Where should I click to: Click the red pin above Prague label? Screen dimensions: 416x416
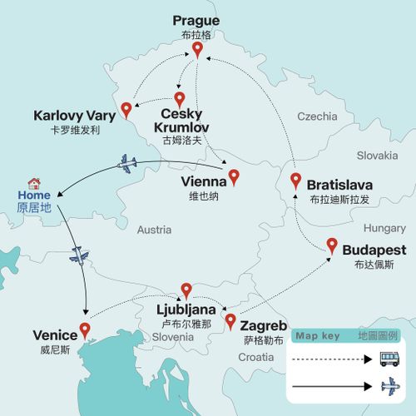pos(197,50)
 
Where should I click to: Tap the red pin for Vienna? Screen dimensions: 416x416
pos(234,176)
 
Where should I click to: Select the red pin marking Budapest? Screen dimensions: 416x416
pos(332,245)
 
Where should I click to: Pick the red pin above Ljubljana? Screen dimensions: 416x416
pos(186,290)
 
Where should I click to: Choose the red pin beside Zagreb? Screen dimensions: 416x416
pos(230,320)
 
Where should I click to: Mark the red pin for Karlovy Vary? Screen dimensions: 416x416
pos(126,108)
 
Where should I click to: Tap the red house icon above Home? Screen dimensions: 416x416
pos(34,183)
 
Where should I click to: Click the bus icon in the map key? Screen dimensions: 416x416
pos(388,359)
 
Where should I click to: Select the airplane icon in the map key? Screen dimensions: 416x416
pos(388,387)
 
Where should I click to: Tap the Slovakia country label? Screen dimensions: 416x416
pos(378,156)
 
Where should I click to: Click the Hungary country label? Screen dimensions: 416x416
pos(384,227)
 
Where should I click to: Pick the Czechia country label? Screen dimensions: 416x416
pos(317,116)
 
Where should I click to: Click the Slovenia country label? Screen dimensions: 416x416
pos(172,337)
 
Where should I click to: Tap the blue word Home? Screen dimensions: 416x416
pos(33,197)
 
